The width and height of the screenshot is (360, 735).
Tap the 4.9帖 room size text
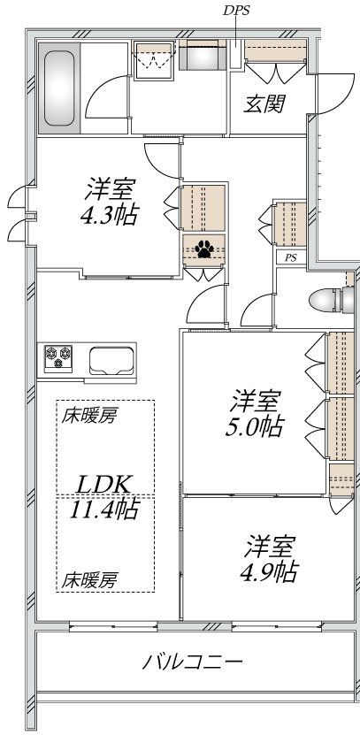[x=271, y=571]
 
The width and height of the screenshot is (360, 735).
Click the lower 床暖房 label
[x=89, y=581]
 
